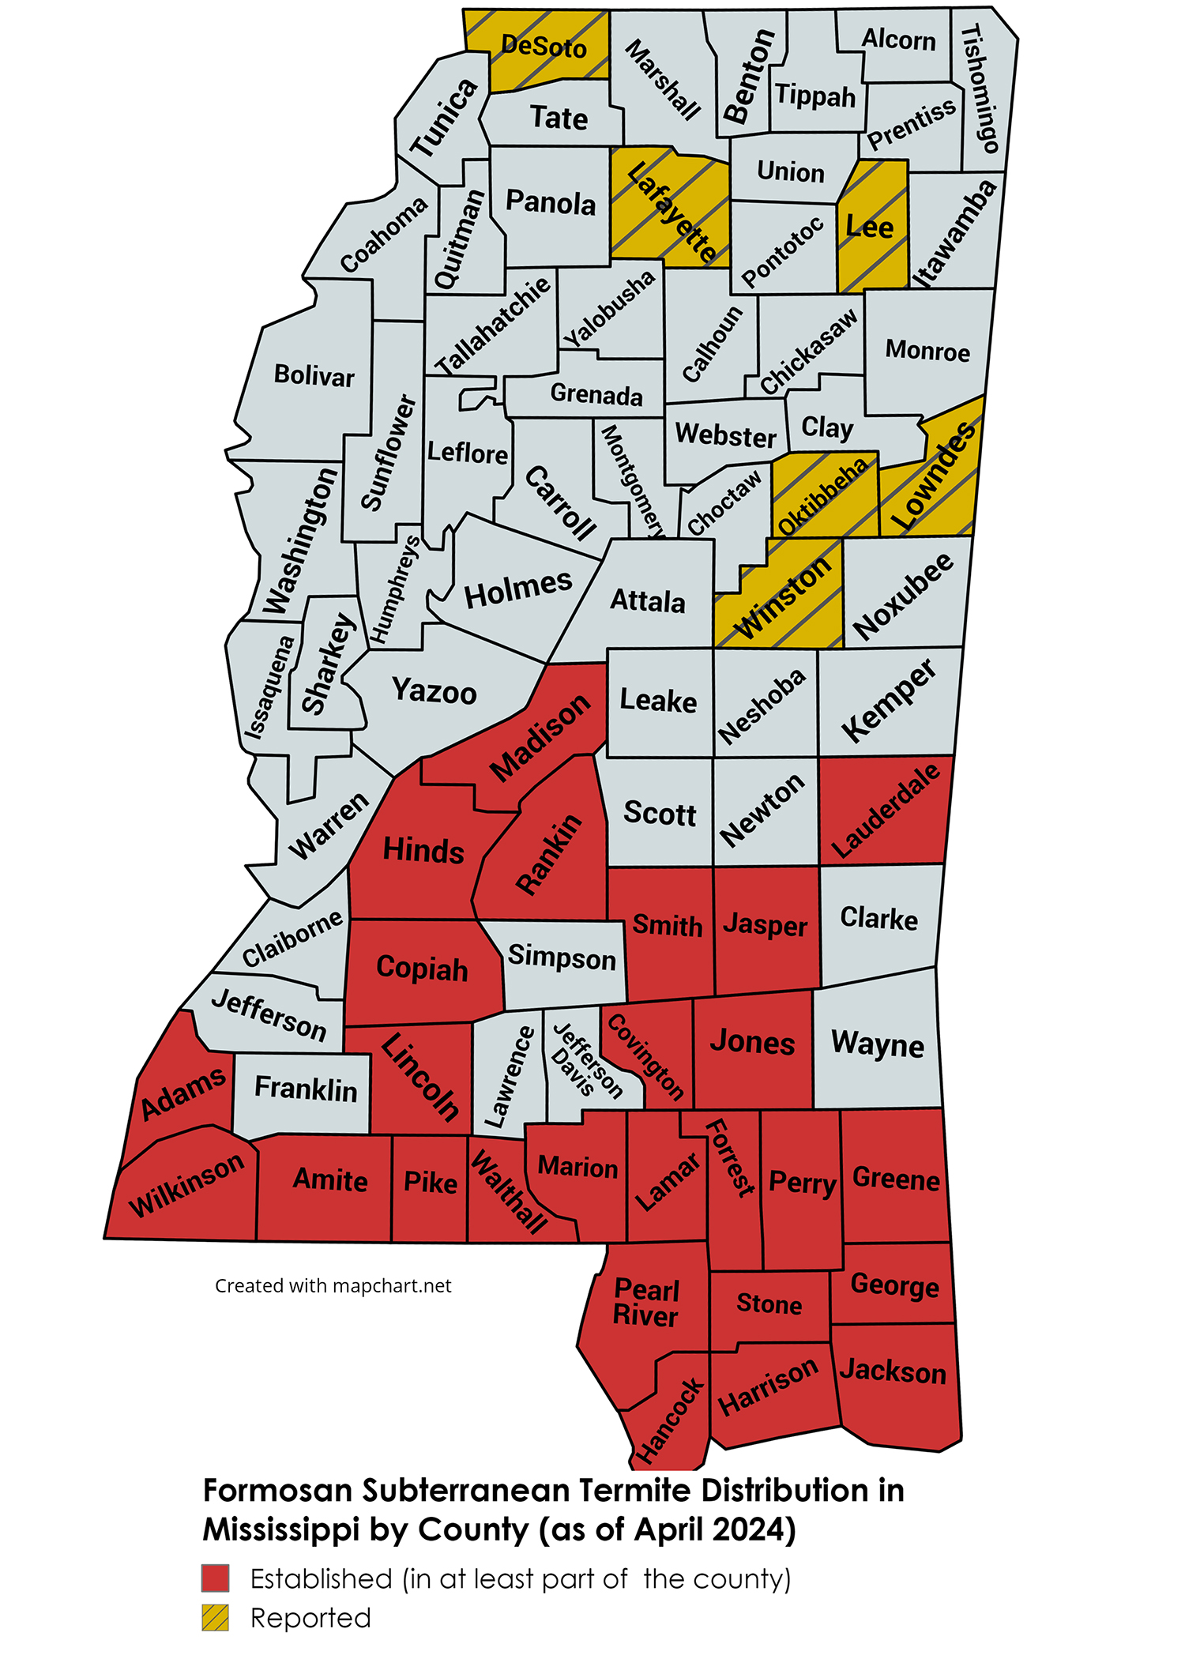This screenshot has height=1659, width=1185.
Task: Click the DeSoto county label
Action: click(x=544, y=47)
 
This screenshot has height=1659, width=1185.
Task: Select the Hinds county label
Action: click(x=423, y=851)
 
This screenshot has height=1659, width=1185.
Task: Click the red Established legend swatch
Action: click(x=215, y=1578)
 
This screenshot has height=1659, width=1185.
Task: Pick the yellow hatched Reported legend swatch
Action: click(x=215, y=1617)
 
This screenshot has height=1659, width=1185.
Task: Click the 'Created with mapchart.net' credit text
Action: click(x=333, y=1285)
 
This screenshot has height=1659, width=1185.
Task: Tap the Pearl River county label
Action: click(x=646, y=1303)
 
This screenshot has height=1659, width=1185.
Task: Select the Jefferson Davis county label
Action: click(x=585, y=1061)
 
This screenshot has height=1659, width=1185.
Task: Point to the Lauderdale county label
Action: click(x=886, y=811)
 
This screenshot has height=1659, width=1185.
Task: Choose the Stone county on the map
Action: click(x=769, y=1303)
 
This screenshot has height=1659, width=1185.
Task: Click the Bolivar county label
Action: click(x=314, y=375)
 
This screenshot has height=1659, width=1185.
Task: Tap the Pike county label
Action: click(x=430, y=1183)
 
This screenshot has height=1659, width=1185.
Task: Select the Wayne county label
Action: click(x=877, y=1044)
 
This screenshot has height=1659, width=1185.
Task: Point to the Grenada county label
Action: click(x=596, y=393)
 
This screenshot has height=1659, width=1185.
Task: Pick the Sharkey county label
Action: click(x=329, y=664)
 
